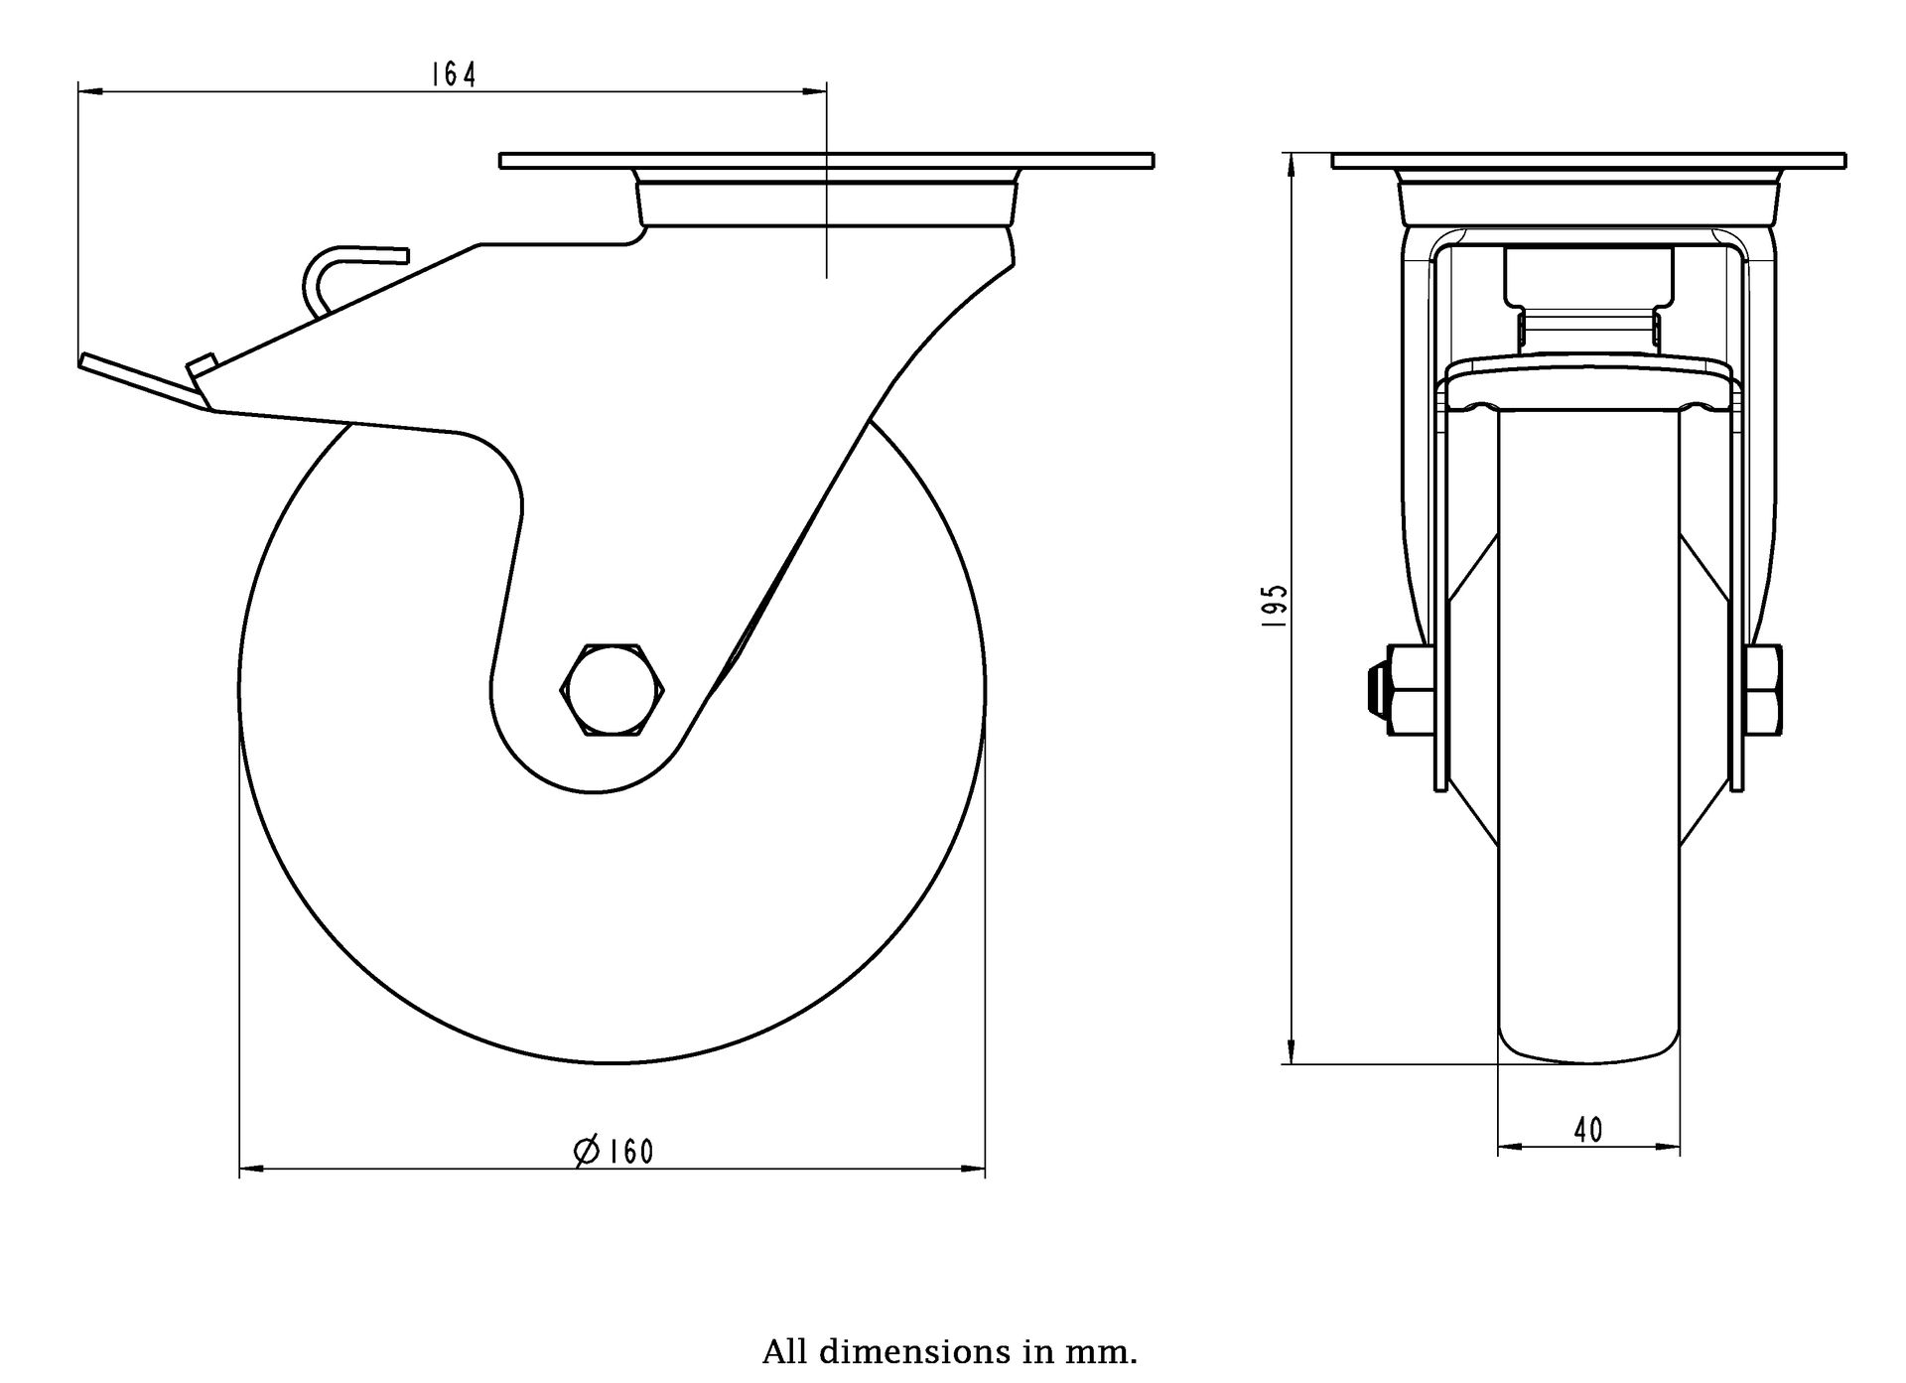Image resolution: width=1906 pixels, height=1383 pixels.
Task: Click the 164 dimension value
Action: point(454,74)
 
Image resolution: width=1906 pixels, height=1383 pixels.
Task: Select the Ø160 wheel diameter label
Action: point(614,1151)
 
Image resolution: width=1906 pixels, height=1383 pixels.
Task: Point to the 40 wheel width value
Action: point(1588,1130)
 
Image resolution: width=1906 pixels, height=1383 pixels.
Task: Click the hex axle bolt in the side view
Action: point(613,690)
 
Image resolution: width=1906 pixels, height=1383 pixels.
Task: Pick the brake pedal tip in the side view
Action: point(89,361)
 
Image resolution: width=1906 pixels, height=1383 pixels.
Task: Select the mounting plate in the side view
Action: point(826,161)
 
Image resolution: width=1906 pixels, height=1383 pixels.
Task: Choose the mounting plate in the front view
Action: point(1588,161)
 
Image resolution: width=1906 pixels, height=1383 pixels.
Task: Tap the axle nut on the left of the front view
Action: point(1404,690)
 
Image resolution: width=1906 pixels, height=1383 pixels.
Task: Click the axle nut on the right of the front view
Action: point(1763,690)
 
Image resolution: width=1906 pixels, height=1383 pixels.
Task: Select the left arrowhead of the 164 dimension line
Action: point(89,92)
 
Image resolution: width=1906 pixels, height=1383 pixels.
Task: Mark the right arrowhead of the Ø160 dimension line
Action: point(974,1170)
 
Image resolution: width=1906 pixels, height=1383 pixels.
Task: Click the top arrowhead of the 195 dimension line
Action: point(1291,164)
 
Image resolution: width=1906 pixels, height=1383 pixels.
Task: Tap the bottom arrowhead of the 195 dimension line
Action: point(1291,1052)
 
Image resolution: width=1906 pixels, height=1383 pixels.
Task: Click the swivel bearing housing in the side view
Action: point(826,204)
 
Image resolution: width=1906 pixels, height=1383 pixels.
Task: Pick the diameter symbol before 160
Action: point(587,1151)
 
